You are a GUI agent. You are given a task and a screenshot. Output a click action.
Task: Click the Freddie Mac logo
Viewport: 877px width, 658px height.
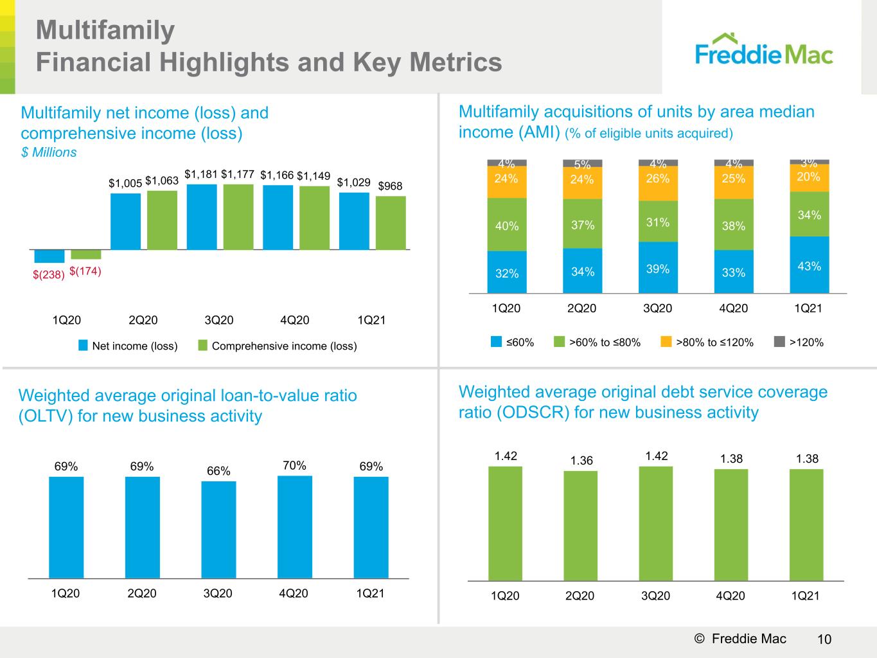pyautogui.click(x=764, y=49)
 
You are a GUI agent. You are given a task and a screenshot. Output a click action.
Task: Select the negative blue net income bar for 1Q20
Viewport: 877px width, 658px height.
pyautogui.click(x=49, y=256)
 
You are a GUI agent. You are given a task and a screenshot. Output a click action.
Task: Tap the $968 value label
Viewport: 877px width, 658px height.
pyautogui.click(x=390, y=186)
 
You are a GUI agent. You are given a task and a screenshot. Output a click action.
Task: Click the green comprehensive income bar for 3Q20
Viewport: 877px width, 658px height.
pyautogui.click(x=238, y=217)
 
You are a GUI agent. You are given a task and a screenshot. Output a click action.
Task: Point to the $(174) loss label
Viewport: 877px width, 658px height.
pyautogui.click(x=85, y=271)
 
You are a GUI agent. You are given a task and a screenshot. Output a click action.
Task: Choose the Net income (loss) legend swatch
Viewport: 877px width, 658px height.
pyautogui.click(x=83, y=346)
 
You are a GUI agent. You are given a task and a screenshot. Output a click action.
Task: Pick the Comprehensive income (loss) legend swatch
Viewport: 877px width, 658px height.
pyautogui.click(x=202, y=346)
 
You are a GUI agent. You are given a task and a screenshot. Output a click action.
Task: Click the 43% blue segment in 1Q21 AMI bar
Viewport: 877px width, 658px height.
pyautogui.click(x=809, y=265)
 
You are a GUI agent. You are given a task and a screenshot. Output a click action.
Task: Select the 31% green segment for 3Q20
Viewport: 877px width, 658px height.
pyautogui.click(x=658, y=221)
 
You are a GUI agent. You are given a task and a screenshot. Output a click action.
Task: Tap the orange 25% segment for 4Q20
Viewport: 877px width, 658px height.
pyautogui.click(x=734, y=182)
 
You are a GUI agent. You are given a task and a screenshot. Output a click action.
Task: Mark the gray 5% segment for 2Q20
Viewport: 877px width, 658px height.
pyautogui.click(x=582, y=163)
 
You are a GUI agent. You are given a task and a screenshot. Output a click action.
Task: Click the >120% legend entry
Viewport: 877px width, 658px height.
pyautogui.click(x=799, y=342)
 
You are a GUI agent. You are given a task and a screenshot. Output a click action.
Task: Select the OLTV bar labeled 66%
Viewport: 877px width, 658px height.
pyautogui.click(x=218, y=529)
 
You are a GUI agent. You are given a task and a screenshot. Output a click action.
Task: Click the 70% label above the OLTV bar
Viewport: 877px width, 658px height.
pyautogui.click(x=294, y=465)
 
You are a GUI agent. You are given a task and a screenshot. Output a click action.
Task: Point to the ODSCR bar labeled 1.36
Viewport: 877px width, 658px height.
pyautogui.click(x=581, y=526)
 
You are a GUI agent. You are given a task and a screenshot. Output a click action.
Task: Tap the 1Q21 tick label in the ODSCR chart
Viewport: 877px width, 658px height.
pyautogui.click(x=805, y=596)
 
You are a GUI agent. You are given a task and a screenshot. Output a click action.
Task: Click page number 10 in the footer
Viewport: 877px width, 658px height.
pyautogui.click(x=824, y=639)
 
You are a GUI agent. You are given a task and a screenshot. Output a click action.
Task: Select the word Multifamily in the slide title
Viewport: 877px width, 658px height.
pyautogui.click(x=105, y=31)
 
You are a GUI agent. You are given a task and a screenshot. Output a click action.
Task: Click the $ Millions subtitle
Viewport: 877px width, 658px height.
pyautogui.click(x=49, y=152)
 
